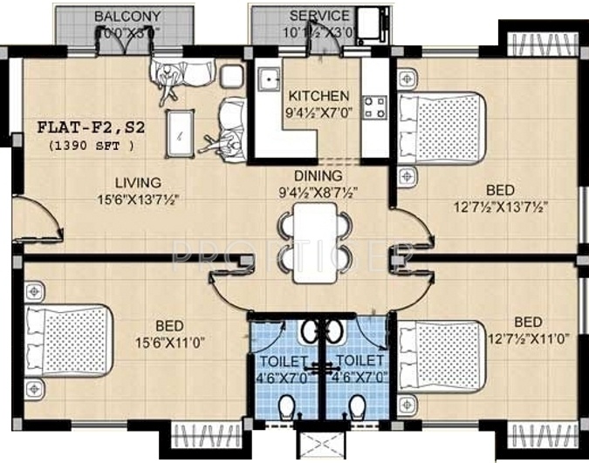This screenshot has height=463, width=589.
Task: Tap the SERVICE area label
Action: [x=319, y=17]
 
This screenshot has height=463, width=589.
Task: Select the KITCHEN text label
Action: [x=319, y=96]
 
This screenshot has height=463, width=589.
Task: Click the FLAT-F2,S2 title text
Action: [x=90, y=126]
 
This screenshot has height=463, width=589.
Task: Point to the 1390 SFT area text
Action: [x=92, y=145]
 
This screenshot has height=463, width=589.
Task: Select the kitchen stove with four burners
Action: [x=375, y=107]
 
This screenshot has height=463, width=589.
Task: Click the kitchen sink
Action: [x=266, y=78]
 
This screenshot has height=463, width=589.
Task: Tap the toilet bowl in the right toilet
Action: [x=357, y=408]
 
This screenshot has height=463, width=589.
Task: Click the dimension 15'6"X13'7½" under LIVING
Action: [x=140, y=198]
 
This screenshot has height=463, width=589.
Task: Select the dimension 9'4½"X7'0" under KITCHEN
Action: [x=319, y=112]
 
